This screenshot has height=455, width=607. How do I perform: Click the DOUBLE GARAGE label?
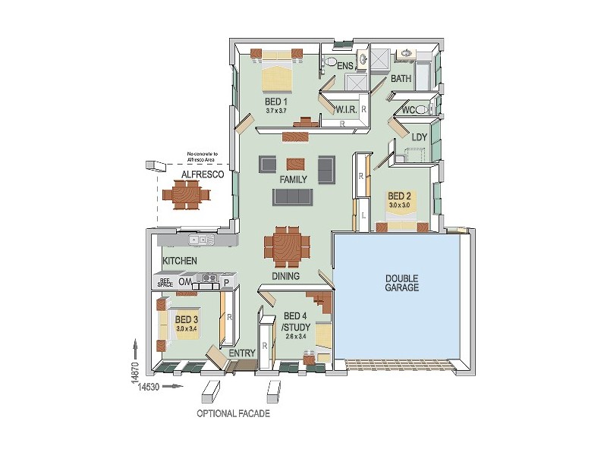401,282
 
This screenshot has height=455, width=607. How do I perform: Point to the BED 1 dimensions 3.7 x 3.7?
275,111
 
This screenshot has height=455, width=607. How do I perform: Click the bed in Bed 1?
276,74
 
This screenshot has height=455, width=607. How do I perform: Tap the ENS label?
345,67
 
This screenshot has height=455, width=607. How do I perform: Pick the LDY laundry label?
419,137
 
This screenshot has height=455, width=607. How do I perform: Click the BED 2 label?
399,195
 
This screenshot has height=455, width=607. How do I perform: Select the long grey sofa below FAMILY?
293,196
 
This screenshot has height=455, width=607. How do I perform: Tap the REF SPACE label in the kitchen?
165,282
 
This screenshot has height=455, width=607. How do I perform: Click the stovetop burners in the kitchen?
206,278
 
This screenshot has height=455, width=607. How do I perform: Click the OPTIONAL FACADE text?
233,414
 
